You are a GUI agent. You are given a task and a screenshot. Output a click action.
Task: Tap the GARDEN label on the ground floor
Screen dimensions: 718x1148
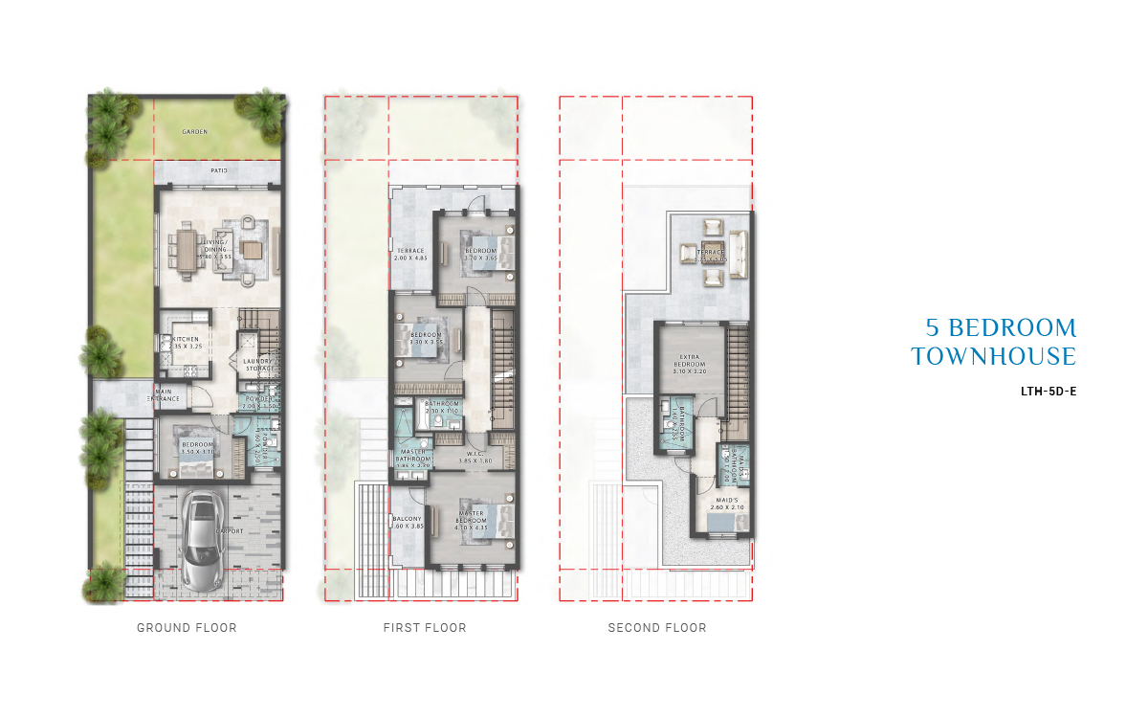click(x=195, y=132)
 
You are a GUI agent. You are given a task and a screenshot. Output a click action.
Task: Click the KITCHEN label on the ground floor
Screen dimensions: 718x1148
click(x=186, y=340)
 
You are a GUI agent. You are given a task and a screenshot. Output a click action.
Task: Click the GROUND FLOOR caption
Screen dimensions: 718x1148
click(x=187, y=628)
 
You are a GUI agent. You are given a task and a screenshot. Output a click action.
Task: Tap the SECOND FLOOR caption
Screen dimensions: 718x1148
click(x=657, y=628)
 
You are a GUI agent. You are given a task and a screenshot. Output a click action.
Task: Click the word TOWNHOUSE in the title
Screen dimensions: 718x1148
click(x=994, y=357)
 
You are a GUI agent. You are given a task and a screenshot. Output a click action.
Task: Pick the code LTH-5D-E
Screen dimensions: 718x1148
click(x=1049, y=391)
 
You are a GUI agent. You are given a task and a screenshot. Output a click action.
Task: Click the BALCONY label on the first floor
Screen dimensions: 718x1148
click(x=407, y=519)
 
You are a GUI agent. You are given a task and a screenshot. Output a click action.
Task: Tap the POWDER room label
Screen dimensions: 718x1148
click(x=259, y=398)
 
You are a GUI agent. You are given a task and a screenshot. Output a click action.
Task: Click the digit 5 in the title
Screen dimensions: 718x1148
click(x=932, y=328)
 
